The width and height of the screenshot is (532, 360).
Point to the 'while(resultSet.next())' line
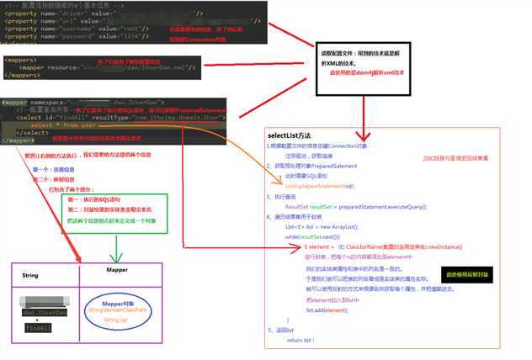pyautogui.click(x=318, y=237)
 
